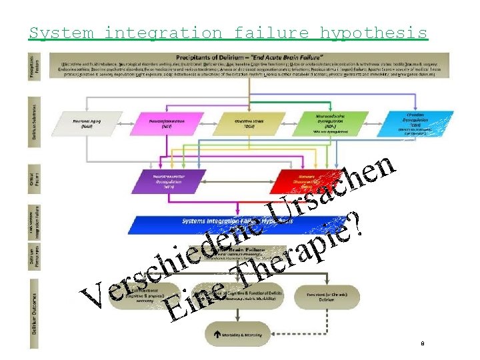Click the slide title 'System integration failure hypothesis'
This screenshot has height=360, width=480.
pos(227,33)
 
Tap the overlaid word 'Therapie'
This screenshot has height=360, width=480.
pos(293,254)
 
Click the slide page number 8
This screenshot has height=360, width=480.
pos(422,344)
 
